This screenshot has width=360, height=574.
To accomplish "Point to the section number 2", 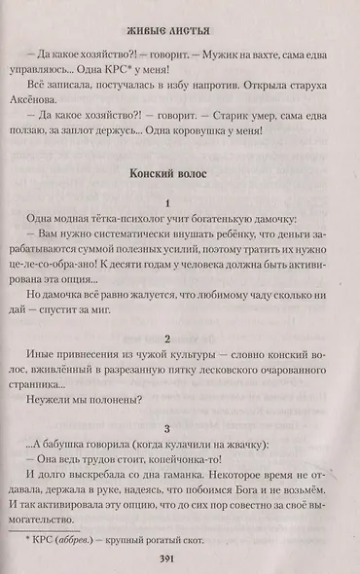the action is click(169, 338).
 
